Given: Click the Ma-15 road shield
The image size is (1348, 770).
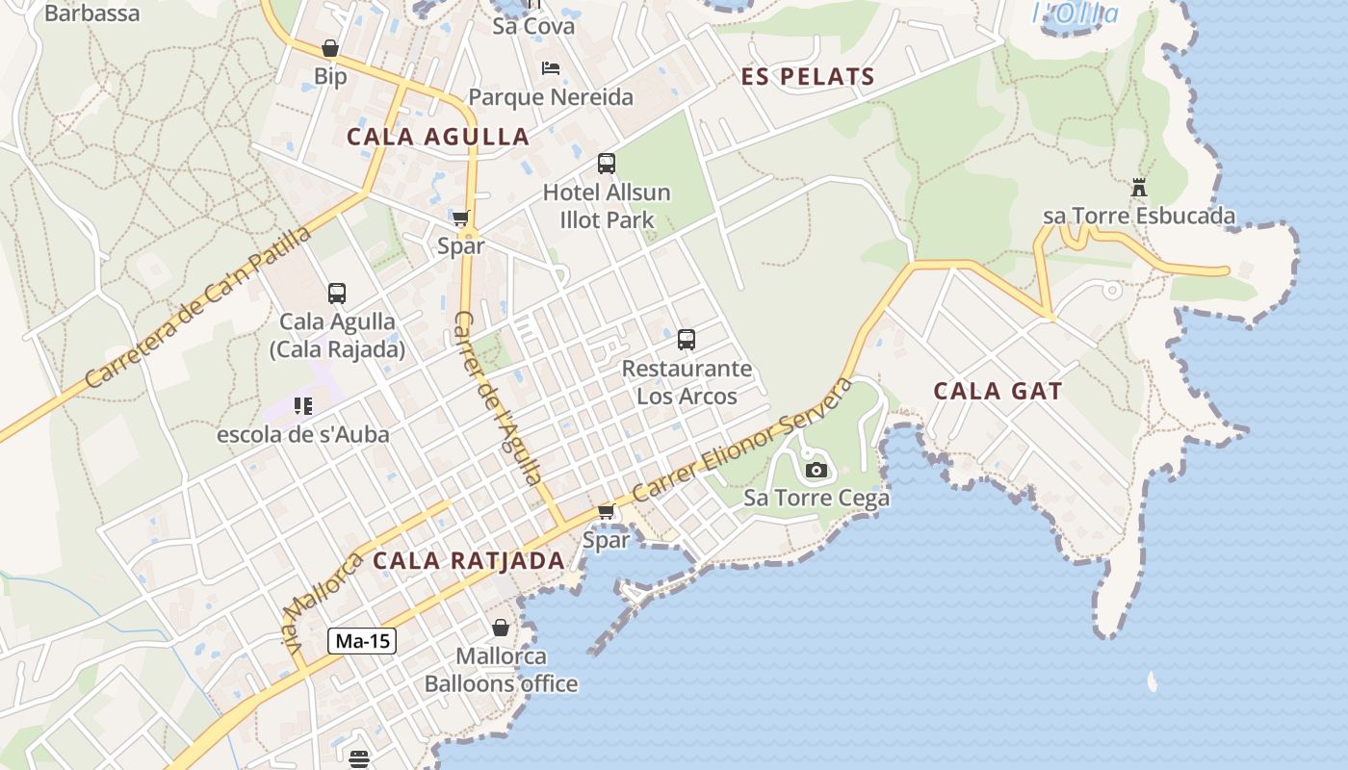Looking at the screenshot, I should pyautogui.click(x=362, y=641).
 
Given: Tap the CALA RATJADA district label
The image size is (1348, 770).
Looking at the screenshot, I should pyautogui.click(x=468, y=560).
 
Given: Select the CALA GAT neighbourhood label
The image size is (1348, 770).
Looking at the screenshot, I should pyautogui.click(x=998, y=391).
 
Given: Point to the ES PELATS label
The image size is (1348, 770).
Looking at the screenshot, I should pyautogui.click(x=808, y=77).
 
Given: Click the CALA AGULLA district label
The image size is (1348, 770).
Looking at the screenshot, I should pyautogui.click(x=438, y=137).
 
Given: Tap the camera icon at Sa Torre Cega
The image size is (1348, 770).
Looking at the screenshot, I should pyautogui.click(x=817, y=470).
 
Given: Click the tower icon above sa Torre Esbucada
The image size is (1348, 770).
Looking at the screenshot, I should pyautogui.click(x=1139, y=188).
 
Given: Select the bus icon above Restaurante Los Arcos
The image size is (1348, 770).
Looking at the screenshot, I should pyautogui.click(x=687, y=339).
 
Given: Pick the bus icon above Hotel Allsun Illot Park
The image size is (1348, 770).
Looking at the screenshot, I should pyautogui.click(x=606, y=164).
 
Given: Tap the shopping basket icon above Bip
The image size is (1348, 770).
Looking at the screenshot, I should pyautogui.click(x=330, y=48).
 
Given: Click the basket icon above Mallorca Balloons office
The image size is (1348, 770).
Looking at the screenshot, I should pyautogui.click(x=501, y=629).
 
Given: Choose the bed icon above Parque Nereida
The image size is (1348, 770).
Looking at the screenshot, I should pyautogui.click(x=551, y=68).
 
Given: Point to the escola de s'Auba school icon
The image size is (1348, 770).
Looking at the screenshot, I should pyautogui.click(x=303, y=406).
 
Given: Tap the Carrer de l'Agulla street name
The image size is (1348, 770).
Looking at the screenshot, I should pyautogui.click(x=498, y=397).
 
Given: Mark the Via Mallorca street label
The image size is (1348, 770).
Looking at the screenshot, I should pyautogui.click(x=323, y=603).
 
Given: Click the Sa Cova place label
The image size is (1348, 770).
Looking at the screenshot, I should pyautogui.click(x=533, y=26).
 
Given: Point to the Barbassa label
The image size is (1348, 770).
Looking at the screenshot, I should pyautogui.click(x=91, y=13).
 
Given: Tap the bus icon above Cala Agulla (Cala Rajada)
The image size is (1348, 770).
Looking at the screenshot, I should pyautogui.click(x=336, y=294).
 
